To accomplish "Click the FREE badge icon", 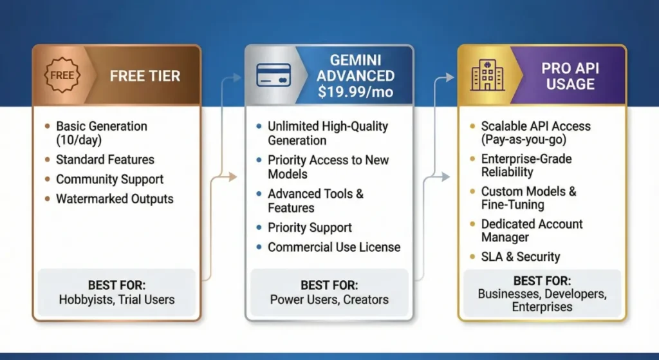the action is click(x=62, y=75).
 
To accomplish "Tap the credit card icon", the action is click(x=274, y=75).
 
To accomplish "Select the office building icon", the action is click(x=488, y=75).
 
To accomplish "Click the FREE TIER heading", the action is click(x=145, y=76).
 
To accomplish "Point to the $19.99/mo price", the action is click(x=355, y=91).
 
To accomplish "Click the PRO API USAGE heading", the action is click(x=570, y=76).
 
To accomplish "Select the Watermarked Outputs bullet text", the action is click(x=115, y=199).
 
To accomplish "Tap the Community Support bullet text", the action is click(x=109, y=179).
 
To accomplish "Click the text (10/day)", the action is click(x=79, y=140).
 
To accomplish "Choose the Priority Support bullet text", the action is click(x=310, y=227).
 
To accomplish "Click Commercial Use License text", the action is click(x=334, y=247).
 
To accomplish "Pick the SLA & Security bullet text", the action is click(x=521, y=257).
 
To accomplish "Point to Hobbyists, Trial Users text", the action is click(x=117, y=300).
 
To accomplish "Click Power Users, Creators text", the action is click(x=329, y=300).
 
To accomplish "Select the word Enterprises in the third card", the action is click(x=542, y=307).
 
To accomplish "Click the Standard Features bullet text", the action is click(x=105, y=160).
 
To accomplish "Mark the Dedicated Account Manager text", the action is click(x=532, y=231).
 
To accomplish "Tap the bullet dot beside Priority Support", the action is click(x=259, y=227).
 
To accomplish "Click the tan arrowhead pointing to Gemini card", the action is click(x=233, y=177).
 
